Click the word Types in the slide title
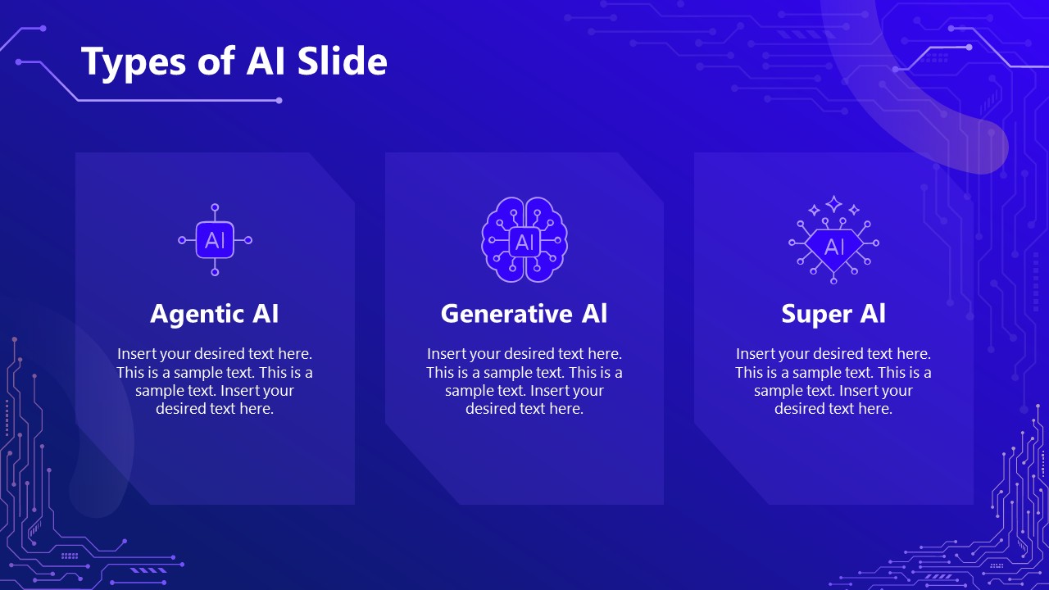coord(134,62)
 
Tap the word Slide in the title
coord(343,61)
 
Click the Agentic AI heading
coord(215,314)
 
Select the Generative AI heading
coord(524,313)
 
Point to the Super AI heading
coord(833,314)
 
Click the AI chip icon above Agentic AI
coord(215,240)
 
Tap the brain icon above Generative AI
coord(524,239)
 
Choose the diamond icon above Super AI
coord(833,247)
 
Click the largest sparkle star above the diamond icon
coord(833,204)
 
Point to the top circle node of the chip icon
coord(215,207)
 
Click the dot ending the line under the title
coord(279,101)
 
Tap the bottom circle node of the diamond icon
coord(833,280)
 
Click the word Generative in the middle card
coord(506,313)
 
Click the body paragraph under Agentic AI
coord(215,381)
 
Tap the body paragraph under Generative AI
coord(524,381)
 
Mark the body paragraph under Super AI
coord(833,381)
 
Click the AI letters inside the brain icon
coord(524,243)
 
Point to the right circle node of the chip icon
coord(248,240)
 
